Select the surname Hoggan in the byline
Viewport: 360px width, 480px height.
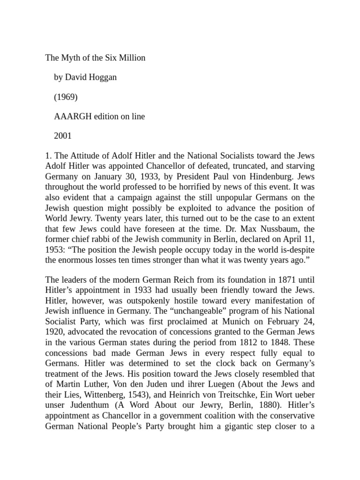pos(101,77)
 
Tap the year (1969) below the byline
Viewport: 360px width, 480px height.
pos(66,97)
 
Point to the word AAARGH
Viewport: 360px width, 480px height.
pos(71,117)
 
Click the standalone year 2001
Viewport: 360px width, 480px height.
pos(63,136)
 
